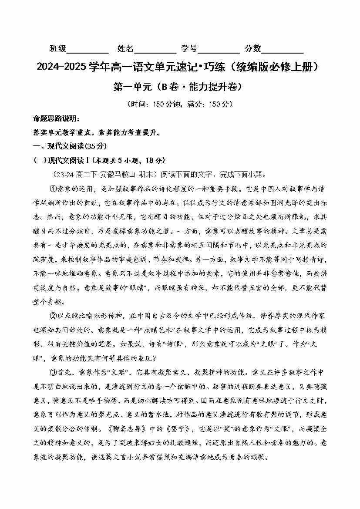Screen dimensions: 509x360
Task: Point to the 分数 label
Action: pyautogui.click(x=252, y=49)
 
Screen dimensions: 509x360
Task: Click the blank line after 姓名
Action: pyautogui.click(x=155, y=51)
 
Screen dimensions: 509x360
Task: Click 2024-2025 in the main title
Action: pyautogui.click(x=61, y=67)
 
